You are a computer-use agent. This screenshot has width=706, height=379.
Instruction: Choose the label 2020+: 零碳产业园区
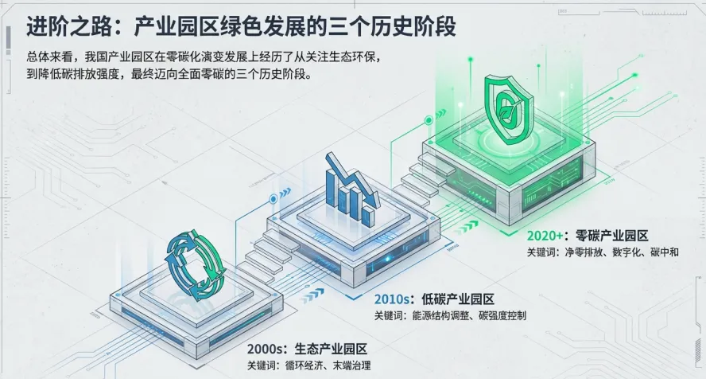[x=588, y=236]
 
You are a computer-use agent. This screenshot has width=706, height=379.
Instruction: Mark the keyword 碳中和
[x=664, y=252]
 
